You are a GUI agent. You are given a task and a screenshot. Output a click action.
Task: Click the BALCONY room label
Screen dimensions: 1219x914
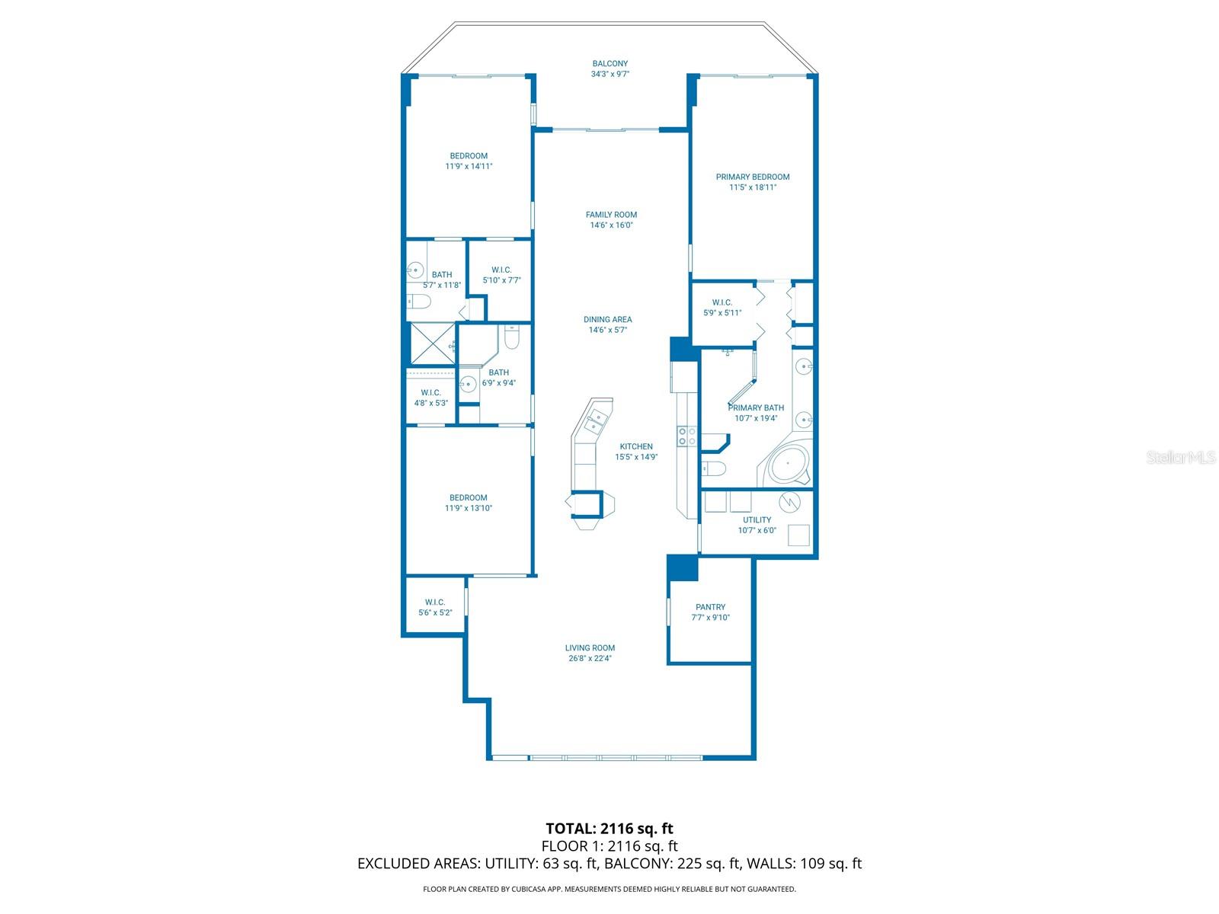(x=609, y=64)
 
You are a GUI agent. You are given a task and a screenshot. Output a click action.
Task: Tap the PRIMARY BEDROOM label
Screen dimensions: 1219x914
(x=752, y=177)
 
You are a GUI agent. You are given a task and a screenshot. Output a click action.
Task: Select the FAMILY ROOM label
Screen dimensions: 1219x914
(x=611, y=215)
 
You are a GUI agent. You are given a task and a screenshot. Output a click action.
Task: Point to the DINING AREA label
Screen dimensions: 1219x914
(x=607, y=320)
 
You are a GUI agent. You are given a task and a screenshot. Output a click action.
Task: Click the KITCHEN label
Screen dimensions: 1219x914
(x=636, y=447)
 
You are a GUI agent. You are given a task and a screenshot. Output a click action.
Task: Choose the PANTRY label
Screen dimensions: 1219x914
(x=710, y=607)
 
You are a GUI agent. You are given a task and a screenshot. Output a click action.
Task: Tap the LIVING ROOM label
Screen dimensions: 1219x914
(x=589, y=647)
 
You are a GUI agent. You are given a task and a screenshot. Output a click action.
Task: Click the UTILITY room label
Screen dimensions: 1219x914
(x=757, y=520)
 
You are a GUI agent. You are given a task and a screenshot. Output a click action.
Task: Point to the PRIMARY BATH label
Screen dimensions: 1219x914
(x=755, y=408)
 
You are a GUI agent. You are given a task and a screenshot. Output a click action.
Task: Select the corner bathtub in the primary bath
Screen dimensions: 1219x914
(x=788, y=463)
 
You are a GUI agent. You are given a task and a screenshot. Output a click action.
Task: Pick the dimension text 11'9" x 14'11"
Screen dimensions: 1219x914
(x=468, y=167)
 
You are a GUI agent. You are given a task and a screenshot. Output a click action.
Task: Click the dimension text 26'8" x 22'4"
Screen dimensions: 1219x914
(x=589, y=658)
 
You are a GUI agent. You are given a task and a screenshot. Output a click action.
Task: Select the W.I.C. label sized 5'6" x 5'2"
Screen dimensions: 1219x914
(x=435, y=602)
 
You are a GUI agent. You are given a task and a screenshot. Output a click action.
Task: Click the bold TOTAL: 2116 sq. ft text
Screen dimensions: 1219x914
(x=609, y=829)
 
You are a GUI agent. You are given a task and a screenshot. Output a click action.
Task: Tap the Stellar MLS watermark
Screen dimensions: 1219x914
(x=1180, y=457)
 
